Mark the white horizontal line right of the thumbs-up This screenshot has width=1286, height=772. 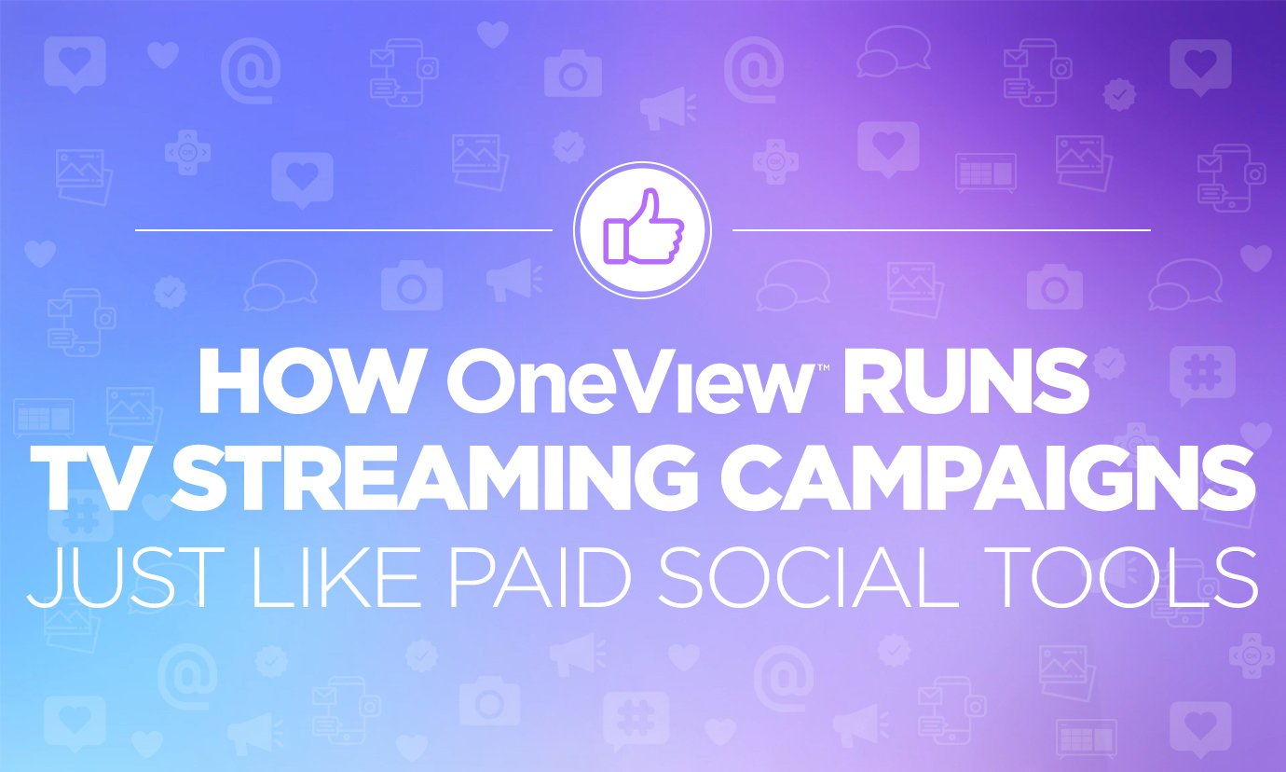coord(941,228)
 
